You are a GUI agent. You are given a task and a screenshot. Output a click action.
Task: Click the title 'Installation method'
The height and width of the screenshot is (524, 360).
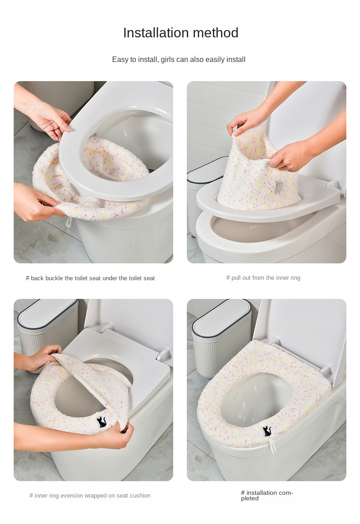tap(180, 33)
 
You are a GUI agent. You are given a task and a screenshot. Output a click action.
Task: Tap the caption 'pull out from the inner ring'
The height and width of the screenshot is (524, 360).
tap(263, 277)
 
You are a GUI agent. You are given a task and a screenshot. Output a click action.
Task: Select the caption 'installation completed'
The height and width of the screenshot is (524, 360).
tap(267, 495)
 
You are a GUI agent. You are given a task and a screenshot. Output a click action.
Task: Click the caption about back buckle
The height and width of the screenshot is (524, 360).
tap(90, 278)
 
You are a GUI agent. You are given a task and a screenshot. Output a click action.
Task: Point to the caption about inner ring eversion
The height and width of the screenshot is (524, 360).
tap(90, 496)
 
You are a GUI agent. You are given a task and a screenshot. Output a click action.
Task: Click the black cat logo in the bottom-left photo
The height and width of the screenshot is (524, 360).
tap(102, 422)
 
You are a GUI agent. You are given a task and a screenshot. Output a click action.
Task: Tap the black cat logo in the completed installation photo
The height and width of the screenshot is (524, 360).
tap(267, 431)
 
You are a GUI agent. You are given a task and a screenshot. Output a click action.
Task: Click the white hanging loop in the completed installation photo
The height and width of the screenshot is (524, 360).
tap(273, 446)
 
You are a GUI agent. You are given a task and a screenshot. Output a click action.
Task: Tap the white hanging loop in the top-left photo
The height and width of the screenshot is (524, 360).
tap(68, 221)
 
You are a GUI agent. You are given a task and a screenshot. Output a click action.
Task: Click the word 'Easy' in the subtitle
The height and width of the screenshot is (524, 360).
tap(120, 60)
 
